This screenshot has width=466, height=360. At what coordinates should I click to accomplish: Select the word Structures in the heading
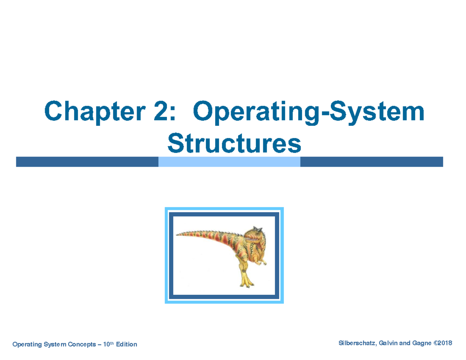234,144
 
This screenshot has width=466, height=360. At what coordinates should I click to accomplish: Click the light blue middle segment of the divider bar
229,162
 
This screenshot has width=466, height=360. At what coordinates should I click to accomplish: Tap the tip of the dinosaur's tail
178,234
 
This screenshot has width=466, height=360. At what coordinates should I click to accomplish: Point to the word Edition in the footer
125,344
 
